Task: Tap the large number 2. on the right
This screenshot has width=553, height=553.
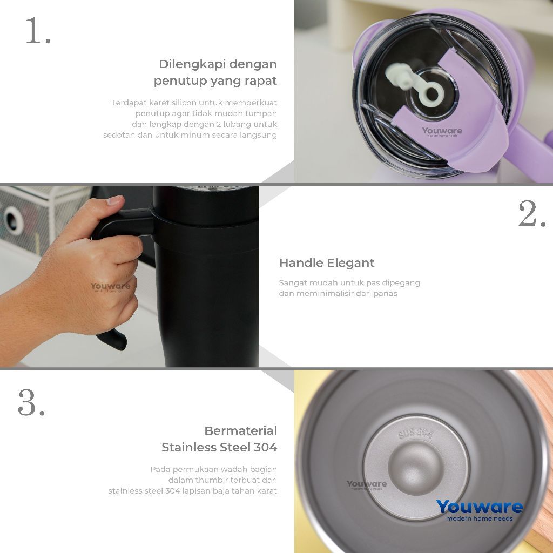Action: tap(531, 214)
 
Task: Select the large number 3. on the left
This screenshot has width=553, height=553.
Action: tap(31, 402)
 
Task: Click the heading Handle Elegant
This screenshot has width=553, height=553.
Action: tap(326, 263)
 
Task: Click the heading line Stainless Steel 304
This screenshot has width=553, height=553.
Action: tap(219, 447)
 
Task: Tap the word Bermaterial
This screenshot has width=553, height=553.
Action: tap(240, 431)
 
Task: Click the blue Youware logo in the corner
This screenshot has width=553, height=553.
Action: tap(479, 507)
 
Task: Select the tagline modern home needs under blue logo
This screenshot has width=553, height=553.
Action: tap(479, 519)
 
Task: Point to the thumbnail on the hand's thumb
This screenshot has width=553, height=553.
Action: tap(115, 201)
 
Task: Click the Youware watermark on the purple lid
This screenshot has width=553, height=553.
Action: tap(442, 131)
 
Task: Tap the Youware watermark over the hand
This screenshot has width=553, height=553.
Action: tap(110, 287)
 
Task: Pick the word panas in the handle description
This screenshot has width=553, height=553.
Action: tap(386, 294)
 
